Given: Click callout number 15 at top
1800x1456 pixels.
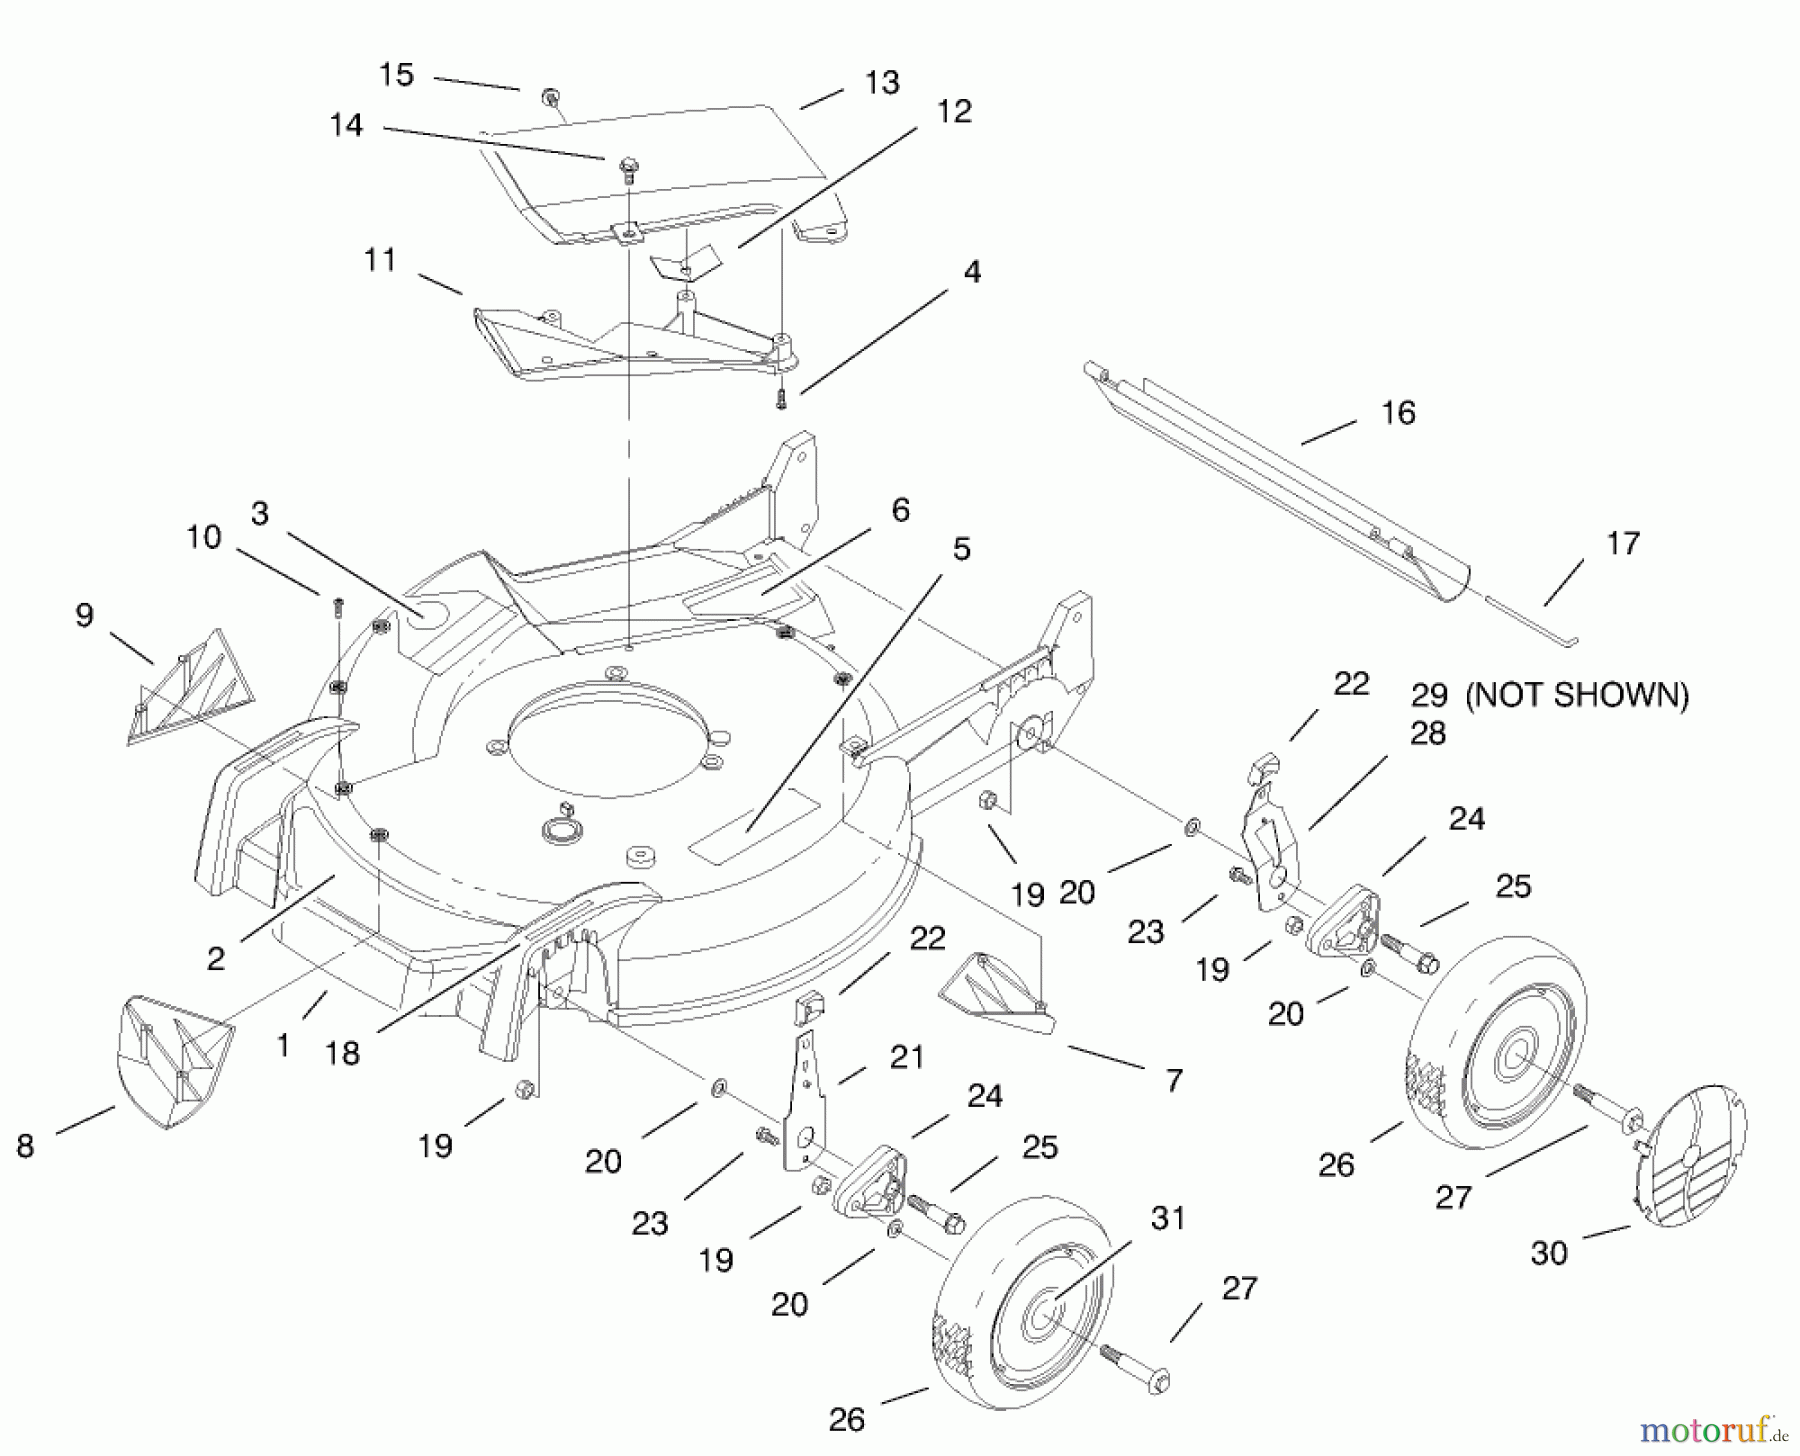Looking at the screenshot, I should [397, 75].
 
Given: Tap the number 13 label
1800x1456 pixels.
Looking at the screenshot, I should [882, 83].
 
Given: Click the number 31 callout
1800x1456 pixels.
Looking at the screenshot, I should [1167, 1218].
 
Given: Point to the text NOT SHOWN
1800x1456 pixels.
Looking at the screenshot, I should [1577, 695].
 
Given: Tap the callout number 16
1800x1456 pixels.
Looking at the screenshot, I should [1398, 413].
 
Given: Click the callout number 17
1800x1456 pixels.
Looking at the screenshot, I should [1622, 544].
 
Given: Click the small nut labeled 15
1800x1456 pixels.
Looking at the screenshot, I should [549, 97].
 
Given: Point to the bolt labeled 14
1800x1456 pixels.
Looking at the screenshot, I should [627, 167].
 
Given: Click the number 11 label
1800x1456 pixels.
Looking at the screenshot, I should [380, 261].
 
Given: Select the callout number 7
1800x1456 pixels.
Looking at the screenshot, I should [1174, 1080].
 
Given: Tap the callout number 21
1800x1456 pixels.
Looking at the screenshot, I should [906, 1057].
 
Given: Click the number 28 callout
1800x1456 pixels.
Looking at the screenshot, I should [1427, 734].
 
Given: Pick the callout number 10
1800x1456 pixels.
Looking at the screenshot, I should [203, 537].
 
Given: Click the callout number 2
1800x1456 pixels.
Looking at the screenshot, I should [216, 959].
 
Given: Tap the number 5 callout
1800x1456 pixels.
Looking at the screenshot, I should [961, 549].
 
